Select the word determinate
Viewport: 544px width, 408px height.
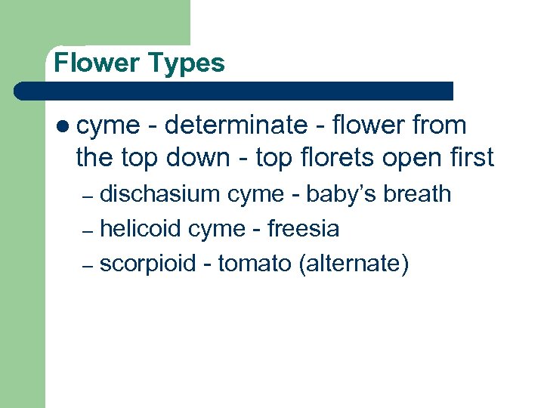[x=236, y=125]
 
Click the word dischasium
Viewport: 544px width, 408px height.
[x=160, y=194]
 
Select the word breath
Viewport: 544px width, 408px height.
[x=417, y=194]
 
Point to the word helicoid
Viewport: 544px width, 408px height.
[x=142, y=228]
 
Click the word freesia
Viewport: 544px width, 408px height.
[x=304, y=228]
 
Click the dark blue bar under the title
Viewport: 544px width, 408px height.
[x=234, y=91]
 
